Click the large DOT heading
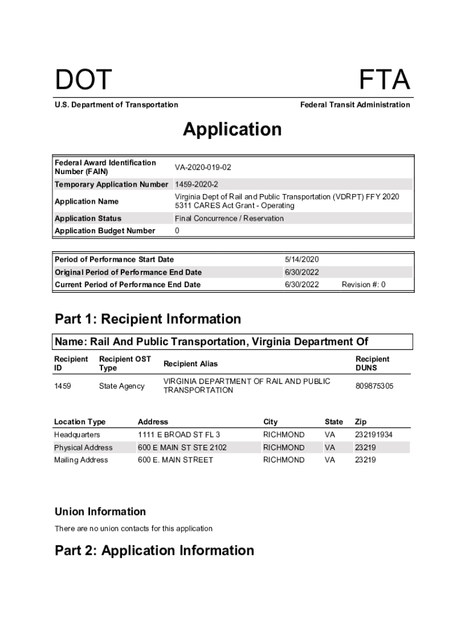pyautogui.click(x=83, y=80)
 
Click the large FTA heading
pyautogui.click(x=384, y=80)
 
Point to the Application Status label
pyautogui.click(x=88, y=218)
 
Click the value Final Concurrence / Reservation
pyautogui.click(x=229, y=218)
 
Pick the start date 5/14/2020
pyautogui.click(x=301, y=259)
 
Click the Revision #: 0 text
pyautogui.click(x=364, y=285)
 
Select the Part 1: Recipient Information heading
pyautogui.click(x=147, y=319)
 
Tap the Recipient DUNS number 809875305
pyautogui.click(x=374, y=386)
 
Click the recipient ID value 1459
pyautogui.click(x=63, y=386)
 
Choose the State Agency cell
pyautogui.click(x=121, y=386)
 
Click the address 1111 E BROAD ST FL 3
pyautogui.click(x=179, y=435)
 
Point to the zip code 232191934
pyautogui.click(x=374, y=435)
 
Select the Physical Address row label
pyautogui.click(x=83, y=447)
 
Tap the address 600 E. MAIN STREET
pyautogui.click(x=175, y=460)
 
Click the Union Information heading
pyautogui.click(x=100, y=512)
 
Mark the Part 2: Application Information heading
pyautogui.click(x=155, y=551)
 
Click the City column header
pyautogui.click(x=270, y=422)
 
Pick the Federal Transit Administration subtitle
pyautogui.click(x=355, y=105)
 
